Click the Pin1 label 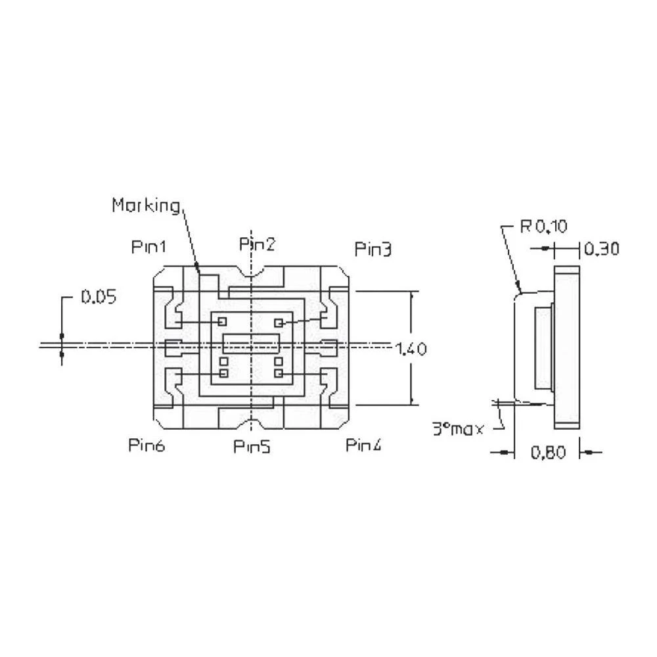point(149,247)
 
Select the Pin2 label point(257,244)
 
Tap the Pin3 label point(373,250)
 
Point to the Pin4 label point(364,445)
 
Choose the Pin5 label point(252,447)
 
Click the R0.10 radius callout point(543,227)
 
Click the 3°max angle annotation point(458,429)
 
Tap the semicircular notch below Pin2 point(252,271)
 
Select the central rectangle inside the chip point(252,343)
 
